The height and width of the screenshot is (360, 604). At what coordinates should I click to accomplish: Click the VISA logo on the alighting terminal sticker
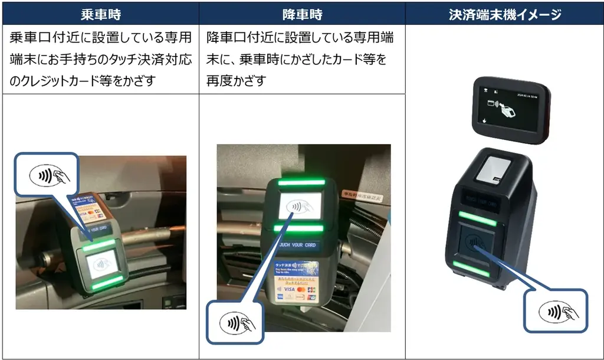click(288, 290)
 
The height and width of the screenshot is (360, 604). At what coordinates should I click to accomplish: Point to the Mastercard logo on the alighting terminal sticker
click(301, 290)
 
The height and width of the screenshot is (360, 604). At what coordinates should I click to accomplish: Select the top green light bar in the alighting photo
click(301, 183)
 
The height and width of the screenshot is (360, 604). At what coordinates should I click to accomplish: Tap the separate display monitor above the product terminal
click(511, 110)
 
